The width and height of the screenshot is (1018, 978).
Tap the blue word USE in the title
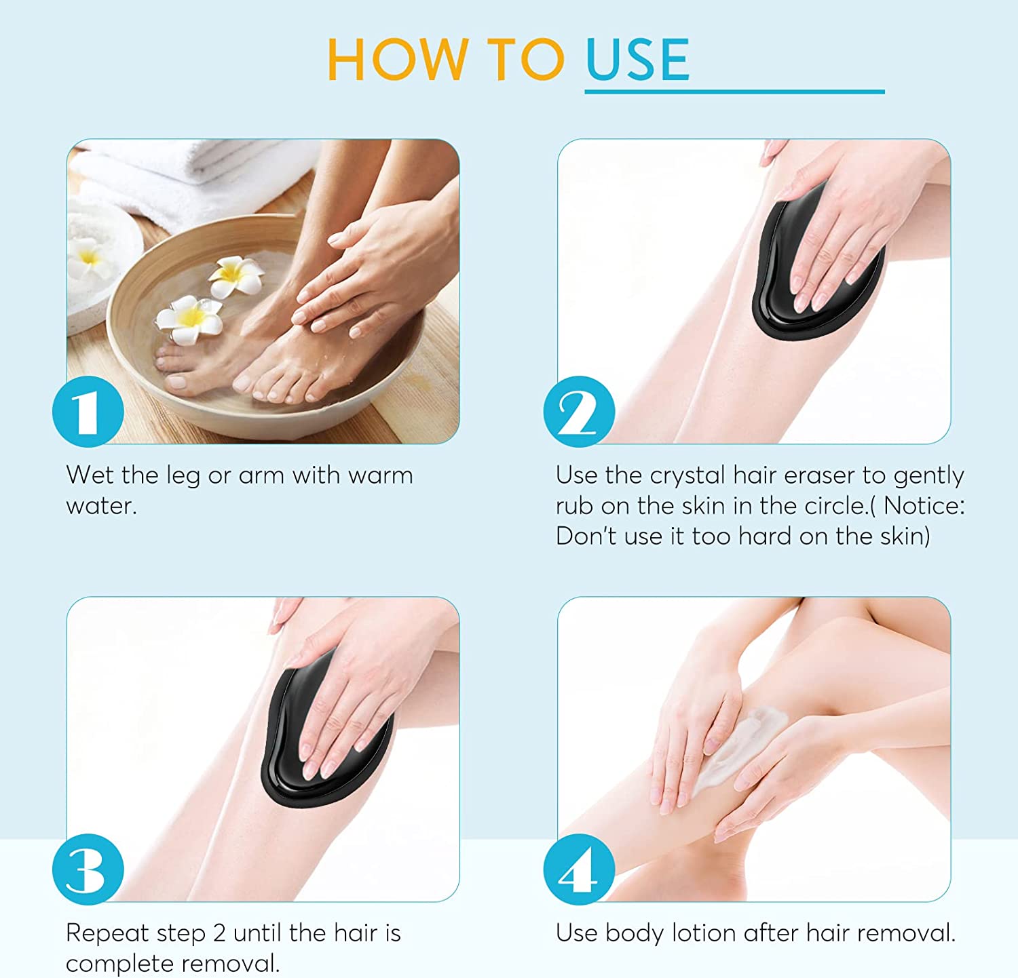(638, 60)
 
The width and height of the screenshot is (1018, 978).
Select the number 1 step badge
(88, 411)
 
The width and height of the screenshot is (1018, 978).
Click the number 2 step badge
(579, 411)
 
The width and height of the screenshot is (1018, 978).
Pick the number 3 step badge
(88, 869)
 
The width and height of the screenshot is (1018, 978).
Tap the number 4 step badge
(579, 869)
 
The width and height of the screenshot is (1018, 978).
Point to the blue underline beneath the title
(734, 91)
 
